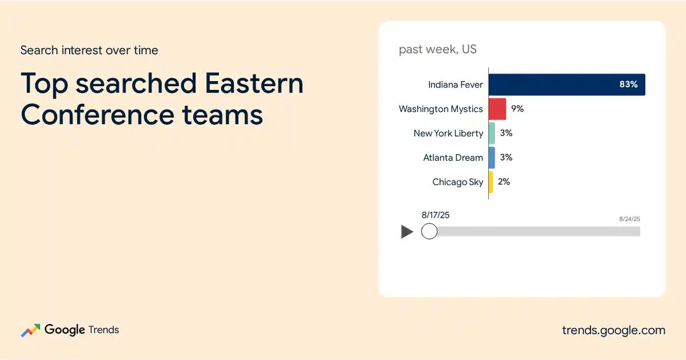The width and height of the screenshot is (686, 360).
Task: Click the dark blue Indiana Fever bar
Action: click(567, 85)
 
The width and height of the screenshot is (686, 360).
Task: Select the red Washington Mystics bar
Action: click(497, 109)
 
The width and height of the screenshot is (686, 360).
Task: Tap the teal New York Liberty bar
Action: click(492, 133)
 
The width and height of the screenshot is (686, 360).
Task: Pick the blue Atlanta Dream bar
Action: click(492, 158)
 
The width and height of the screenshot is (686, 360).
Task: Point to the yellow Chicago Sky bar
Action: click(490, 182)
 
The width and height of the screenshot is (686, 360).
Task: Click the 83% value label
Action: click(628, 84)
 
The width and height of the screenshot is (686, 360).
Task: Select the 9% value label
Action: click(517, 109)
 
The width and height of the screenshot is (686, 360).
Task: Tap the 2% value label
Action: click(504, 182)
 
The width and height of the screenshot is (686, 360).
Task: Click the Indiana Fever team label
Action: click(456, 85)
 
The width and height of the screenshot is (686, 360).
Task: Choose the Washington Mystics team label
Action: click(441, 109)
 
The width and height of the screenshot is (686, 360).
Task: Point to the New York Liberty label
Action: click(448, 134)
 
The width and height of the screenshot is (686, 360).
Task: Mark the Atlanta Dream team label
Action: click(453, 158)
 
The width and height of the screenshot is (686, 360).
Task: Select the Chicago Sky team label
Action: click(457, 182)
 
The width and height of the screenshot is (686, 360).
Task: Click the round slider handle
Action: click(429, 231)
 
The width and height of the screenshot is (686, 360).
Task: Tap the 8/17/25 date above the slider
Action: click(436, 215)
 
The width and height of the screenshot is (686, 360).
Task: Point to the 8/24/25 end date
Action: click(629, 219)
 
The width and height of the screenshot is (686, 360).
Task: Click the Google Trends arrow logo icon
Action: click(30, 330)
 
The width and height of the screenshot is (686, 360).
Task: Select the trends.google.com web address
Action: click(614, 330)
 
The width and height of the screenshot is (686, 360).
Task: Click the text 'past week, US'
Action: click(438, 49)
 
